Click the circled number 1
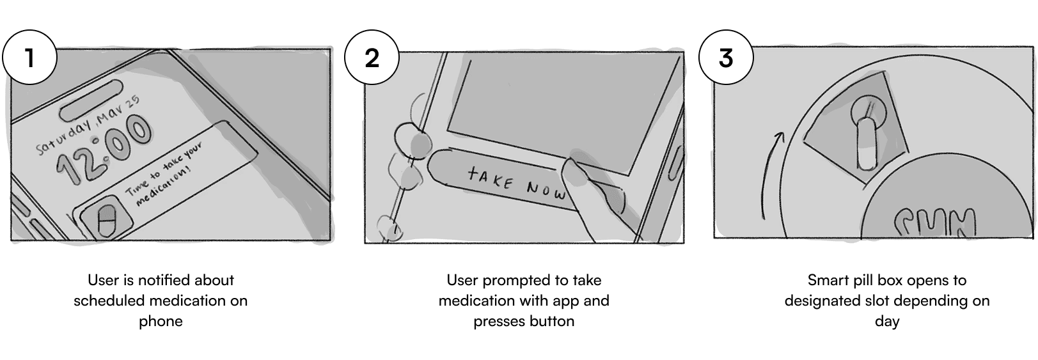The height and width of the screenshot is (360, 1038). (29, 58)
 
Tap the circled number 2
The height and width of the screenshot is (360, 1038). (372, 58)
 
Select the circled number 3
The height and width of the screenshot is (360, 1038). (726, 58)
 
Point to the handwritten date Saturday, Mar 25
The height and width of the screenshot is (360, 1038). (88, 125)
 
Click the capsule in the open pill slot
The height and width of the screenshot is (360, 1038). (865, 144)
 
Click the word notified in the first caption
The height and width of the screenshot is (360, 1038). (166, 280)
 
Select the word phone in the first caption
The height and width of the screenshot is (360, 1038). (161, 322)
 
